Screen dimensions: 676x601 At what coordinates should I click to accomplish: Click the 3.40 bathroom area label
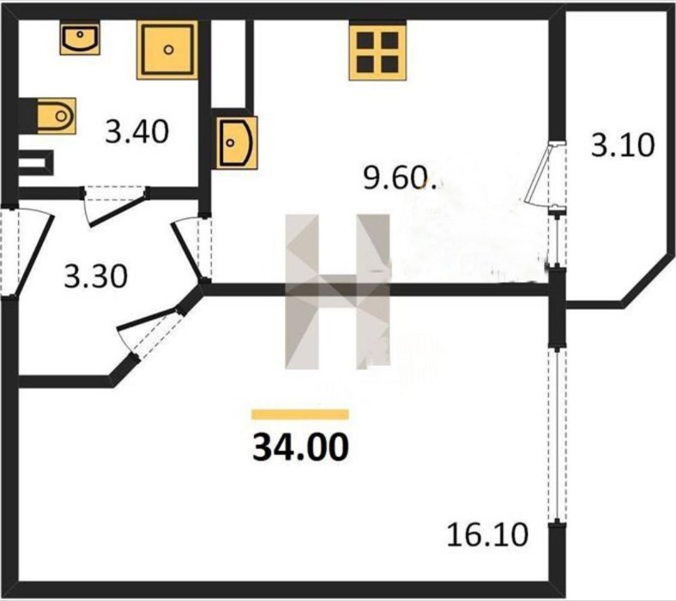click(x=137, y=131)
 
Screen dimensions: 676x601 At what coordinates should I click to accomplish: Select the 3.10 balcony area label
click(x=623, y=145)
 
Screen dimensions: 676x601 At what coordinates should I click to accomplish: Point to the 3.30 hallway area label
click(x=96, y=276)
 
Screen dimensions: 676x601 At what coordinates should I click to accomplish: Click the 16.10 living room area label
click(x=487, y=534)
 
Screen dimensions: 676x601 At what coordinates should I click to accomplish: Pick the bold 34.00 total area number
click(x=300, y=447)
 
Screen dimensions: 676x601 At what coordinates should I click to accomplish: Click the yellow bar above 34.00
click(x=300, y=414)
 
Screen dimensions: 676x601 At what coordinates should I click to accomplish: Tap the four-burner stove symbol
click(x=378, y=52)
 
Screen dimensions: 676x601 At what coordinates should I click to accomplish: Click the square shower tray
click(x=167, y=50)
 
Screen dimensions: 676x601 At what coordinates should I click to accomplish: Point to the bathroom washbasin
click(x=80, y=39)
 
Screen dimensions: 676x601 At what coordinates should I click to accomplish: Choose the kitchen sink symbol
click(x=236, y=143)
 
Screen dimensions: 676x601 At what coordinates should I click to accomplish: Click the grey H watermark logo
click(x=337, y=292)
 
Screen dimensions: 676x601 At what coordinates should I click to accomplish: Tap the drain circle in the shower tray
click(x=168, y=50)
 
